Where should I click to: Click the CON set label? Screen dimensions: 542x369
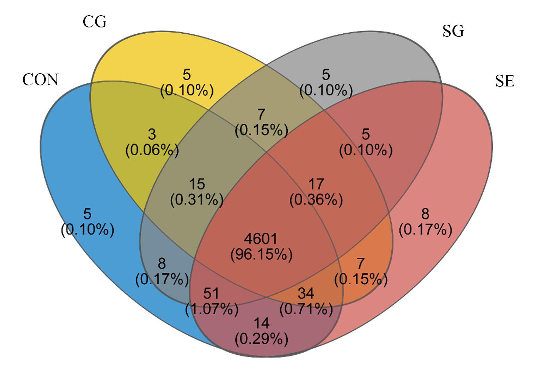point(40,79)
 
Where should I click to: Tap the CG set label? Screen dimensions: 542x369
point(95,22)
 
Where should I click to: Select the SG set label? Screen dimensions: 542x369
point(453,31)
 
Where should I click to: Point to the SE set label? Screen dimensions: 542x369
point(505,81)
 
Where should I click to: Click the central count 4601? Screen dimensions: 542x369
point(261,239)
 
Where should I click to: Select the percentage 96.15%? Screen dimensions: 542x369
point(262,255)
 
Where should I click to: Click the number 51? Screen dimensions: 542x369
point(211,293)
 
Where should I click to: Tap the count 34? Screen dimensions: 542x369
point(306,293)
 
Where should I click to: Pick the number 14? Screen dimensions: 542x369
point(262,323)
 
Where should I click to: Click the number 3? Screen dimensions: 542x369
point(152,134)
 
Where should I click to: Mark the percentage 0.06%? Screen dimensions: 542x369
point(152,150)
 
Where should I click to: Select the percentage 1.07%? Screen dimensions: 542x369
point(212,309)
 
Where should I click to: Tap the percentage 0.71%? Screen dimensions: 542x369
point(306,309)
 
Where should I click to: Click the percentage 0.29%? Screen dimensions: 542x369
point(262,339)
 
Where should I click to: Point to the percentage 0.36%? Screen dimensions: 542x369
point(316,200)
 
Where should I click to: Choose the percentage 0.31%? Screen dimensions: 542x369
point(197,200)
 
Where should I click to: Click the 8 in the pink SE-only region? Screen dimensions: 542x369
point(425,214)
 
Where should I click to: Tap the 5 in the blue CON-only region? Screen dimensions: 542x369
point(87,214)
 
